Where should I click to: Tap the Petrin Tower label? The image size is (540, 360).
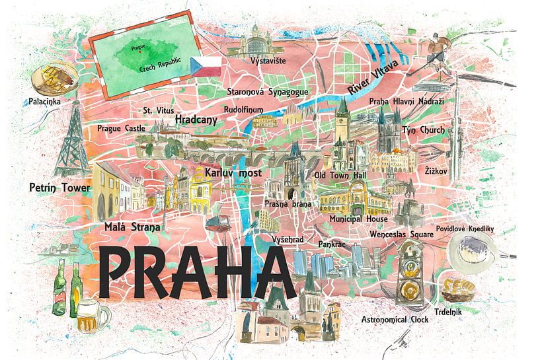point(59,188)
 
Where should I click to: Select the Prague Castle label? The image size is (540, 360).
point(121,128)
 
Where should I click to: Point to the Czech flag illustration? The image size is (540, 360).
point(206,66)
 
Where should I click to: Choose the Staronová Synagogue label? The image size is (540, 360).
point(266,92)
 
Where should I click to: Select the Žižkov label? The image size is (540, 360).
point(436,171)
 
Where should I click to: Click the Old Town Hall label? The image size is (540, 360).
point(339,175)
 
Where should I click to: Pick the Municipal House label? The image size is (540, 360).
point(359,219)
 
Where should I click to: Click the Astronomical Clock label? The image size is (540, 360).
point(395,320)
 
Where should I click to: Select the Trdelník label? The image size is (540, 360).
point(448,311)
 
